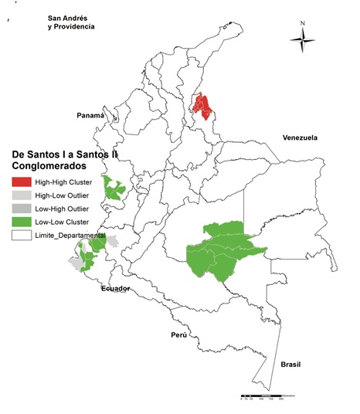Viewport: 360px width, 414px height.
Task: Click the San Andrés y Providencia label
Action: click(x=70, y=22)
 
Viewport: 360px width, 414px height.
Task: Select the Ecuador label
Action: click(x=115, y=288)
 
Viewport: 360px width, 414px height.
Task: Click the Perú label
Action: click(x=180, y=336)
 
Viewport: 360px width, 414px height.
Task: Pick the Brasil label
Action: click(x=290, y=364)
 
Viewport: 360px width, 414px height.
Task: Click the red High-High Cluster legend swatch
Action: click(x=21, y=182)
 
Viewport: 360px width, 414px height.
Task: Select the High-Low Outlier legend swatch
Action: click(x=21, y=195)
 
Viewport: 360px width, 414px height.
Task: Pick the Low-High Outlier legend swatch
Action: click(x=21, y=209)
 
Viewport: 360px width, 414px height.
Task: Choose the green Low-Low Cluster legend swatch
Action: click(x=21, y=222)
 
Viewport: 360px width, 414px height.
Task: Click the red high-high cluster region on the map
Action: click(x=203, y=109)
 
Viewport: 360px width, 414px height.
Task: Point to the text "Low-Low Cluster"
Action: click(x=62, y=222)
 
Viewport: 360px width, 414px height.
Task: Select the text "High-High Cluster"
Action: click(x=63, y=182)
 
